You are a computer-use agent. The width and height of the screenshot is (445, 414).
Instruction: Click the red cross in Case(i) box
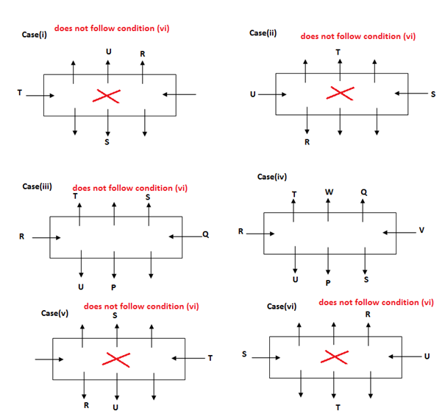point(108,95)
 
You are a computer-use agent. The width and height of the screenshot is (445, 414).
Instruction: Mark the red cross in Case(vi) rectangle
point(336,357)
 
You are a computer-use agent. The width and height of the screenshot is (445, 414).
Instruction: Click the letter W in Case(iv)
point(328,192)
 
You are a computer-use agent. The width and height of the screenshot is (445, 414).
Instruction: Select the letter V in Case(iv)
point(421,230)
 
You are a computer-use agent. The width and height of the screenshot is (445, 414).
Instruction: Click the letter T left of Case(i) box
point(20,93)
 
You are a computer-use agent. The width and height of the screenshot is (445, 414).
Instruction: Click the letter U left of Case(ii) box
point(253,94)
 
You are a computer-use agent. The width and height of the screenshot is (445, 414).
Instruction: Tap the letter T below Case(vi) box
point(337,407)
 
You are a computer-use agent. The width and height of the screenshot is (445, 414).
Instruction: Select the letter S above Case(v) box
point(115,315)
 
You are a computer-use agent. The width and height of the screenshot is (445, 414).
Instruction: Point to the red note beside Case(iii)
point(130,188)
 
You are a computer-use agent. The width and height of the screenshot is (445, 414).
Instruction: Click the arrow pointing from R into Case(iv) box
point(260,234)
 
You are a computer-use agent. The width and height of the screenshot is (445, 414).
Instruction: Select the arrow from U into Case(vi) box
point(402,357)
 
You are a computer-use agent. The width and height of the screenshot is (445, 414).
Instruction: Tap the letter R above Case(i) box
point(142,53)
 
